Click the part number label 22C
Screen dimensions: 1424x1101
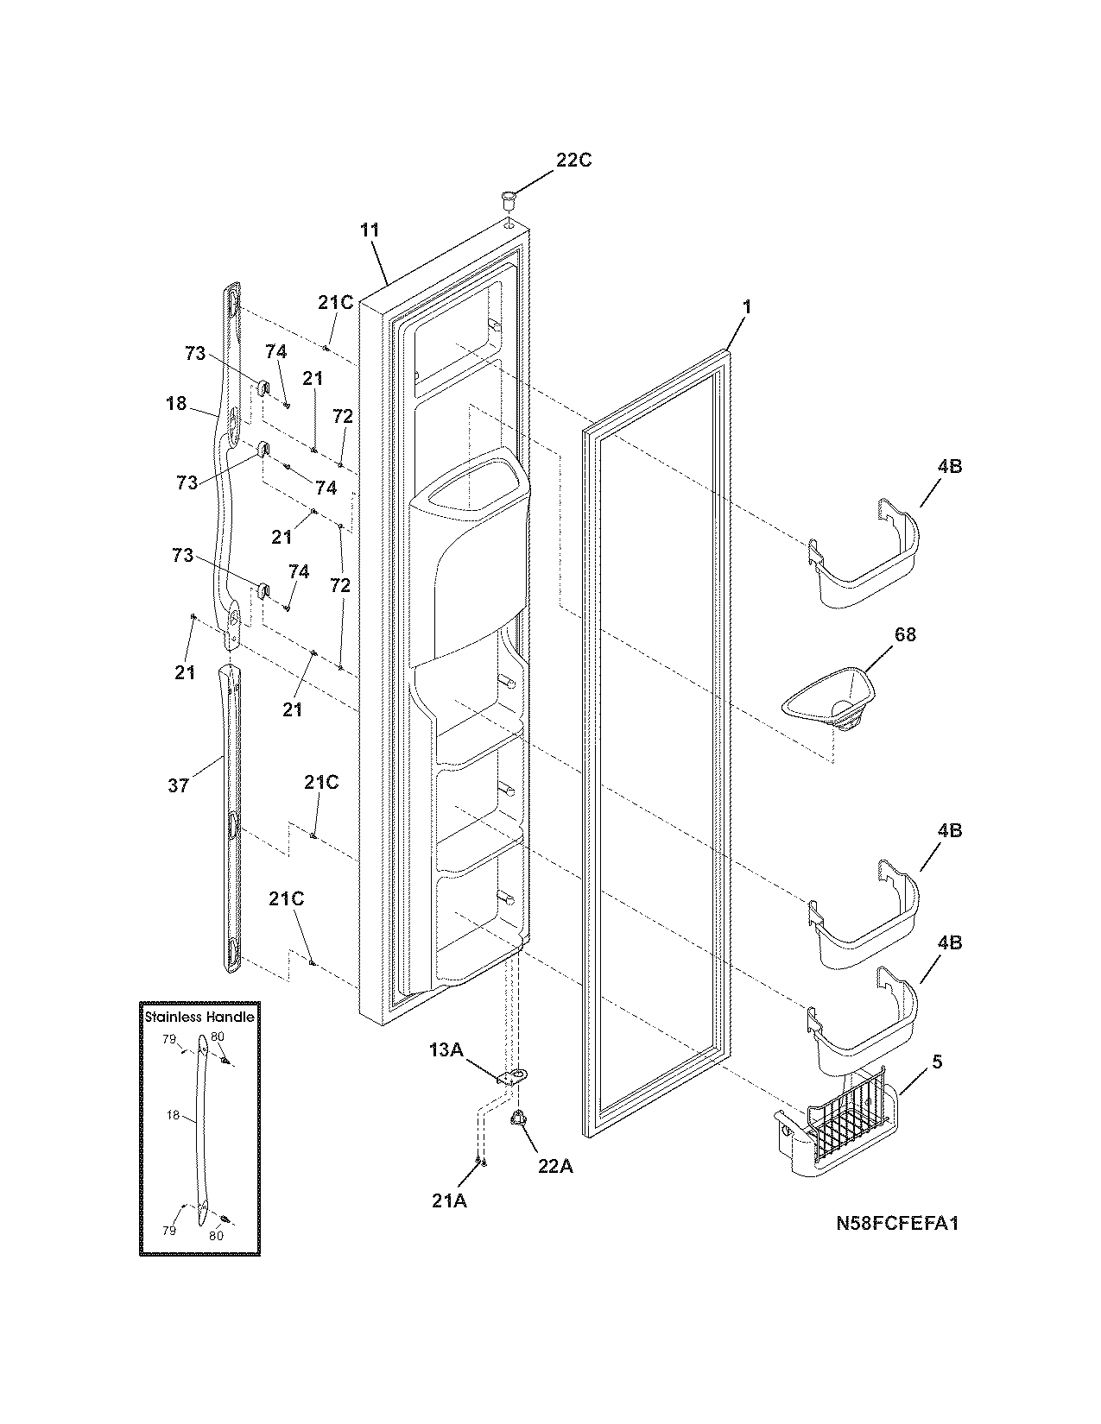(573, 161)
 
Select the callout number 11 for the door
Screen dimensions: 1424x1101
(370, 230)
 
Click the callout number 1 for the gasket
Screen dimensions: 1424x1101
(747, 307)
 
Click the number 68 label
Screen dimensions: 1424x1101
(905, 634)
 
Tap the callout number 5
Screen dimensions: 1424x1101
(937, 1063)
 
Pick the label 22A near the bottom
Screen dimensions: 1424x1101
(555, 1166)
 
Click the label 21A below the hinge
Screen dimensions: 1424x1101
(449, 1200)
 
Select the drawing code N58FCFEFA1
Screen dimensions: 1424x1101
(897, 1224)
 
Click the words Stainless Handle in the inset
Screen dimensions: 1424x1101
(199, 1017)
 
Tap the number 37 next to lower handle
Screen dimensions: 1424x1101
(178, 786)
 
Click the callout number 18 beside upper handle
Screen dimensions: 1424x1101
(176, 403)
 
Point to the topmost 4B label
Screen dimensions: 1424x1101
(948, 467)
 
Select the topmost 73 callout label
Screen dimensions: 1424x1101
(195, 353)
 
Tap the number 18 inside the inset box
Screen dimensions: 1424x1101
(174, 1116)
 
